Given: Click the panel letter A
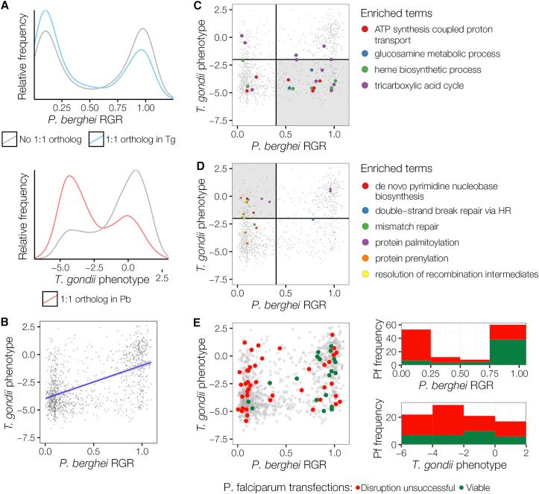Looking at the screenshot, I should tap(6, 6).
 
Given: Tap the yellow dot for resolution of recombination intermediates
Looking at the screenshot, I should tap(364, 275).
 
